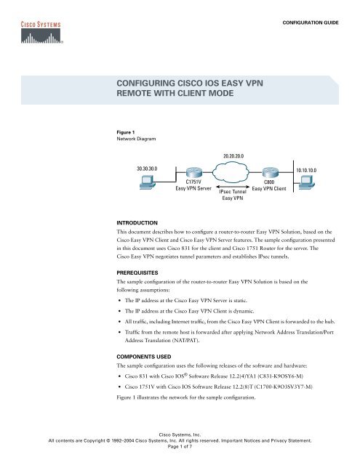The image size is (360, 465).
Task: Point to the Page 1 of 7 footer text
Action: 180,448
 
